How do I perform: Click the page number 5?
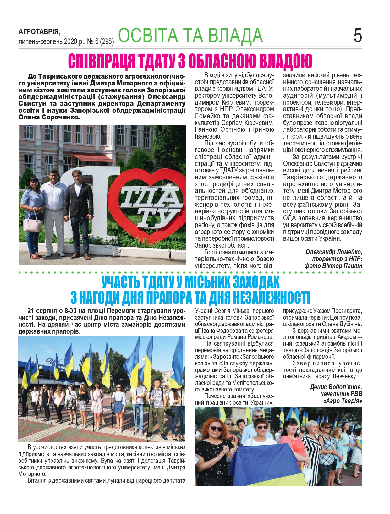point(357,36)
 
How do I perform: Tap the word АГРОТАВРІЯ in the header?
point(39,32)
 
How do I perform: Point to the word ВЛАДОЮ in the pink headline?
point(286,61)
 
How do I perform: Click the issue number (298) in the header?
point(107,41)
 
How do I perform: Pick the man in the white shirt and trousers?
point(54,211)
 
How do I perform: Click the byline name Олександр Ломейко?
point(334,252)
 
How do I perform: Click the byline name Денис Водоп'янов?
point(336,387)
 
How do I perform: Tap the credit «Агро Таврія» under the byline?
point(343,401)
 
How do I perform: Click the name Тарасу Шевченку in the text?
point(334,376)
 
